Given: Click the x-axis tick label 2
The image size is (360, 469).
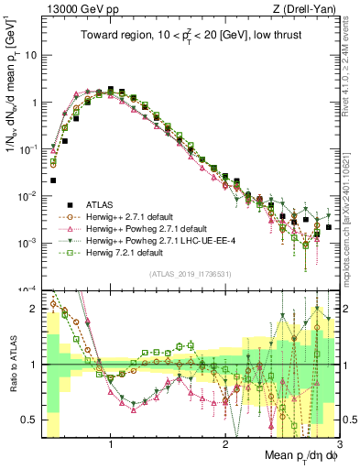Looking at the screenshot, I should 225,445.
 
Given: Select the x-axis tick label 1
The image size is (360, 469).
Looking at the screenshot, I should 111,445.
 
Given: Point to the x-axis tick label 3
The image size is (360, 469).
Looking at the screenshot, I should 339,445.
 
